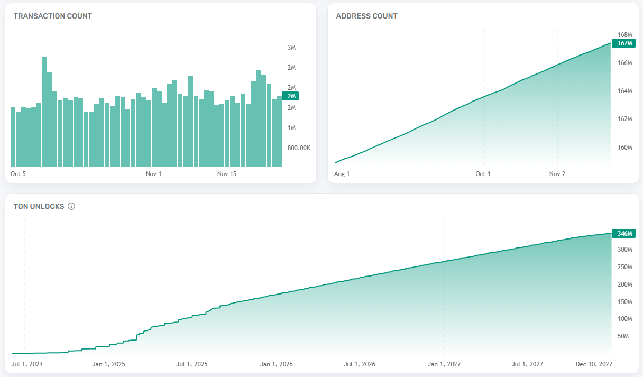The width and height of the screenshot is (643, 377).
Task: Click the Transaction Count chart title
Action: (x=53, y=16)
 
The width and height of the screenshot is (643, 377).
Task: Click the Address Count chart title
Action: (x=367, y=16)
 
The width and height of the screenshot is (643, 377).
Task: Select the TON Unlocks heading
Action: (x=39, y=206)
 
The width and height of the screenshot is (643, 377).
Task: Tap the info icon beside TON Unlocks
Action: (x=71, y=206)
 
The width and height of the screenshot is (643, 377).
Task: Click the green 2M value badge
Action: (x=291, y=96)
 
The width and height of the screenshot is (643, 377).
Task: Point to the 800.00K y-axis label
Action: (x=299, y=148)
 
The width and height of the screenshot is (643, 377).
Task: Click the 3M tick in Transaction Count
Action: (x=291, y=48)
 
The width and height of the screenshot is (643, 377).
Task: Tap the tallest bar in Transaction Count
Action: (x=44, y=111)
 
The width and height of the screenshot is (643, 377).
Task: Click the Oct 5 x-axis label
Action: (x=18, y=173)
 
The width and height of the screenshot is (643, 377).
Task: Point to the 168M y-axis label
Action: (x=625, y=35)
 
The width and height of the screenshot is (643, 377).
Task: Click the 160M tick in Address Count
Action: (x=625, y=147)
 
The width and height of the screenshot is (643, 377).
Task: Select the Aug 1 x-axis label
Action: (x=342, y=173)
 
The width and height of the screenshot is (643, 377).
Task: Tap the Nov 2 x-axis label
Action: (x=557, y=173)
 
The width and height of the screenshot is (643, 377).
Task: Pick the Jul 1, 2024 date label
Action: (x=27, y=364)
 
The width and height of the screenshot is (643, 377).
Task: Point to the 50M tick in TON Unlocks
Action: (x=623, y=336)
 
